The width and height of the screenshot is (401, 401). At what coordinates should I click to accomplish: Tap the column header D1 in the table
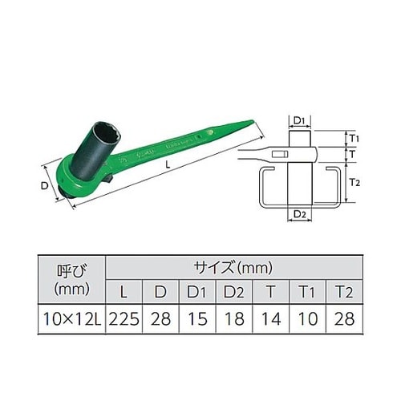pos(197,290)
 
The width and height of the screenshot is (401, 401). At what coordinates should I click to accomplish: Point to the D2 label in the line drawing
pos(298,214)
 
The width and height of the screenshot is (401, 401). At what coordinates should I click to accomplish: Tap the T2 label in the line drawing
pos(356,183)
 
